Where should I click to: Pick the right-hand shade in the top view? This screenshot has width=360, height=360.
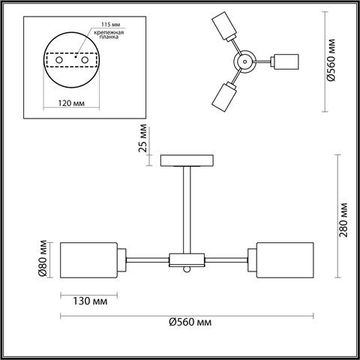(286, 59)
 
